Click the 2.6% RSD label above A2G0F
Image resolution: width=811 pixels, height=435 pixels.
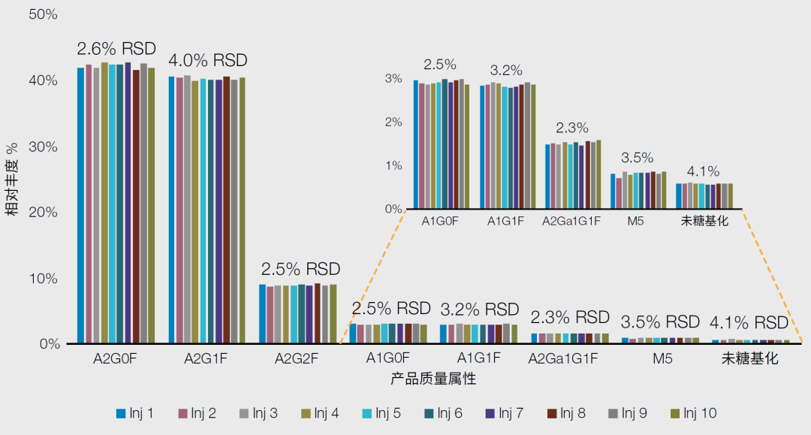pos(116,49)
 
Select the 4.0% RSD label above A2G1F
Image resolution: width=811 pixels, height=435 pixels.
pos(207,60)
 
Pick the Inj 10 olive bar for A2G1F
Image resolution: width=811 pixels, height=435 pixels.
pos(242,210)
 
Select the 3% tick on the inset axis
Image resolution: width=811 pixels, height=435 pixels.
pos(393,78)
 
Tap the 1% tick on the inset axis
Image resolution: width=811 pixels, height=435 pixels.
pos(393,165)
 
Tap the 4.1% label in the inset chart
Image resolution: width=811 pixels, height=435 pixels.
pos(703,171)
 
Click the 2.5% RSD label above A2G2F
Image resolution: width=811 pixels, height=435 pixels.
pos(300,269)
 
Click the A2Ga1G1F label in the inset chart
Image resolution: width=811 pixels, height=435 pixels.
pos(572,221)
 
